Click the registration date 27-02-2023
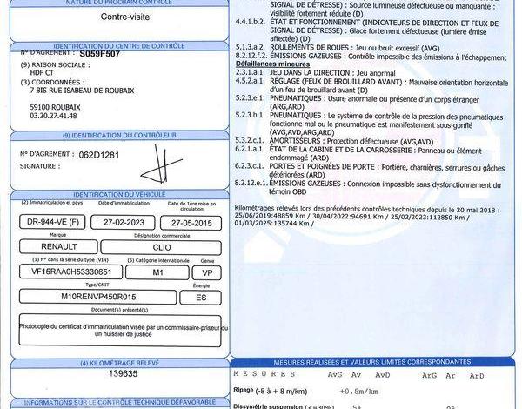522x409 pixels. [x=117, y=222]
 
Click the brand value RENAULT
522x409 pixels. [x=53, y=247]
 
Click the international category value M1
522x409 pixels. [x=157, y=272]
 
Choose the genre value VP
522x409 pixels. [x=207, y=272]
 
